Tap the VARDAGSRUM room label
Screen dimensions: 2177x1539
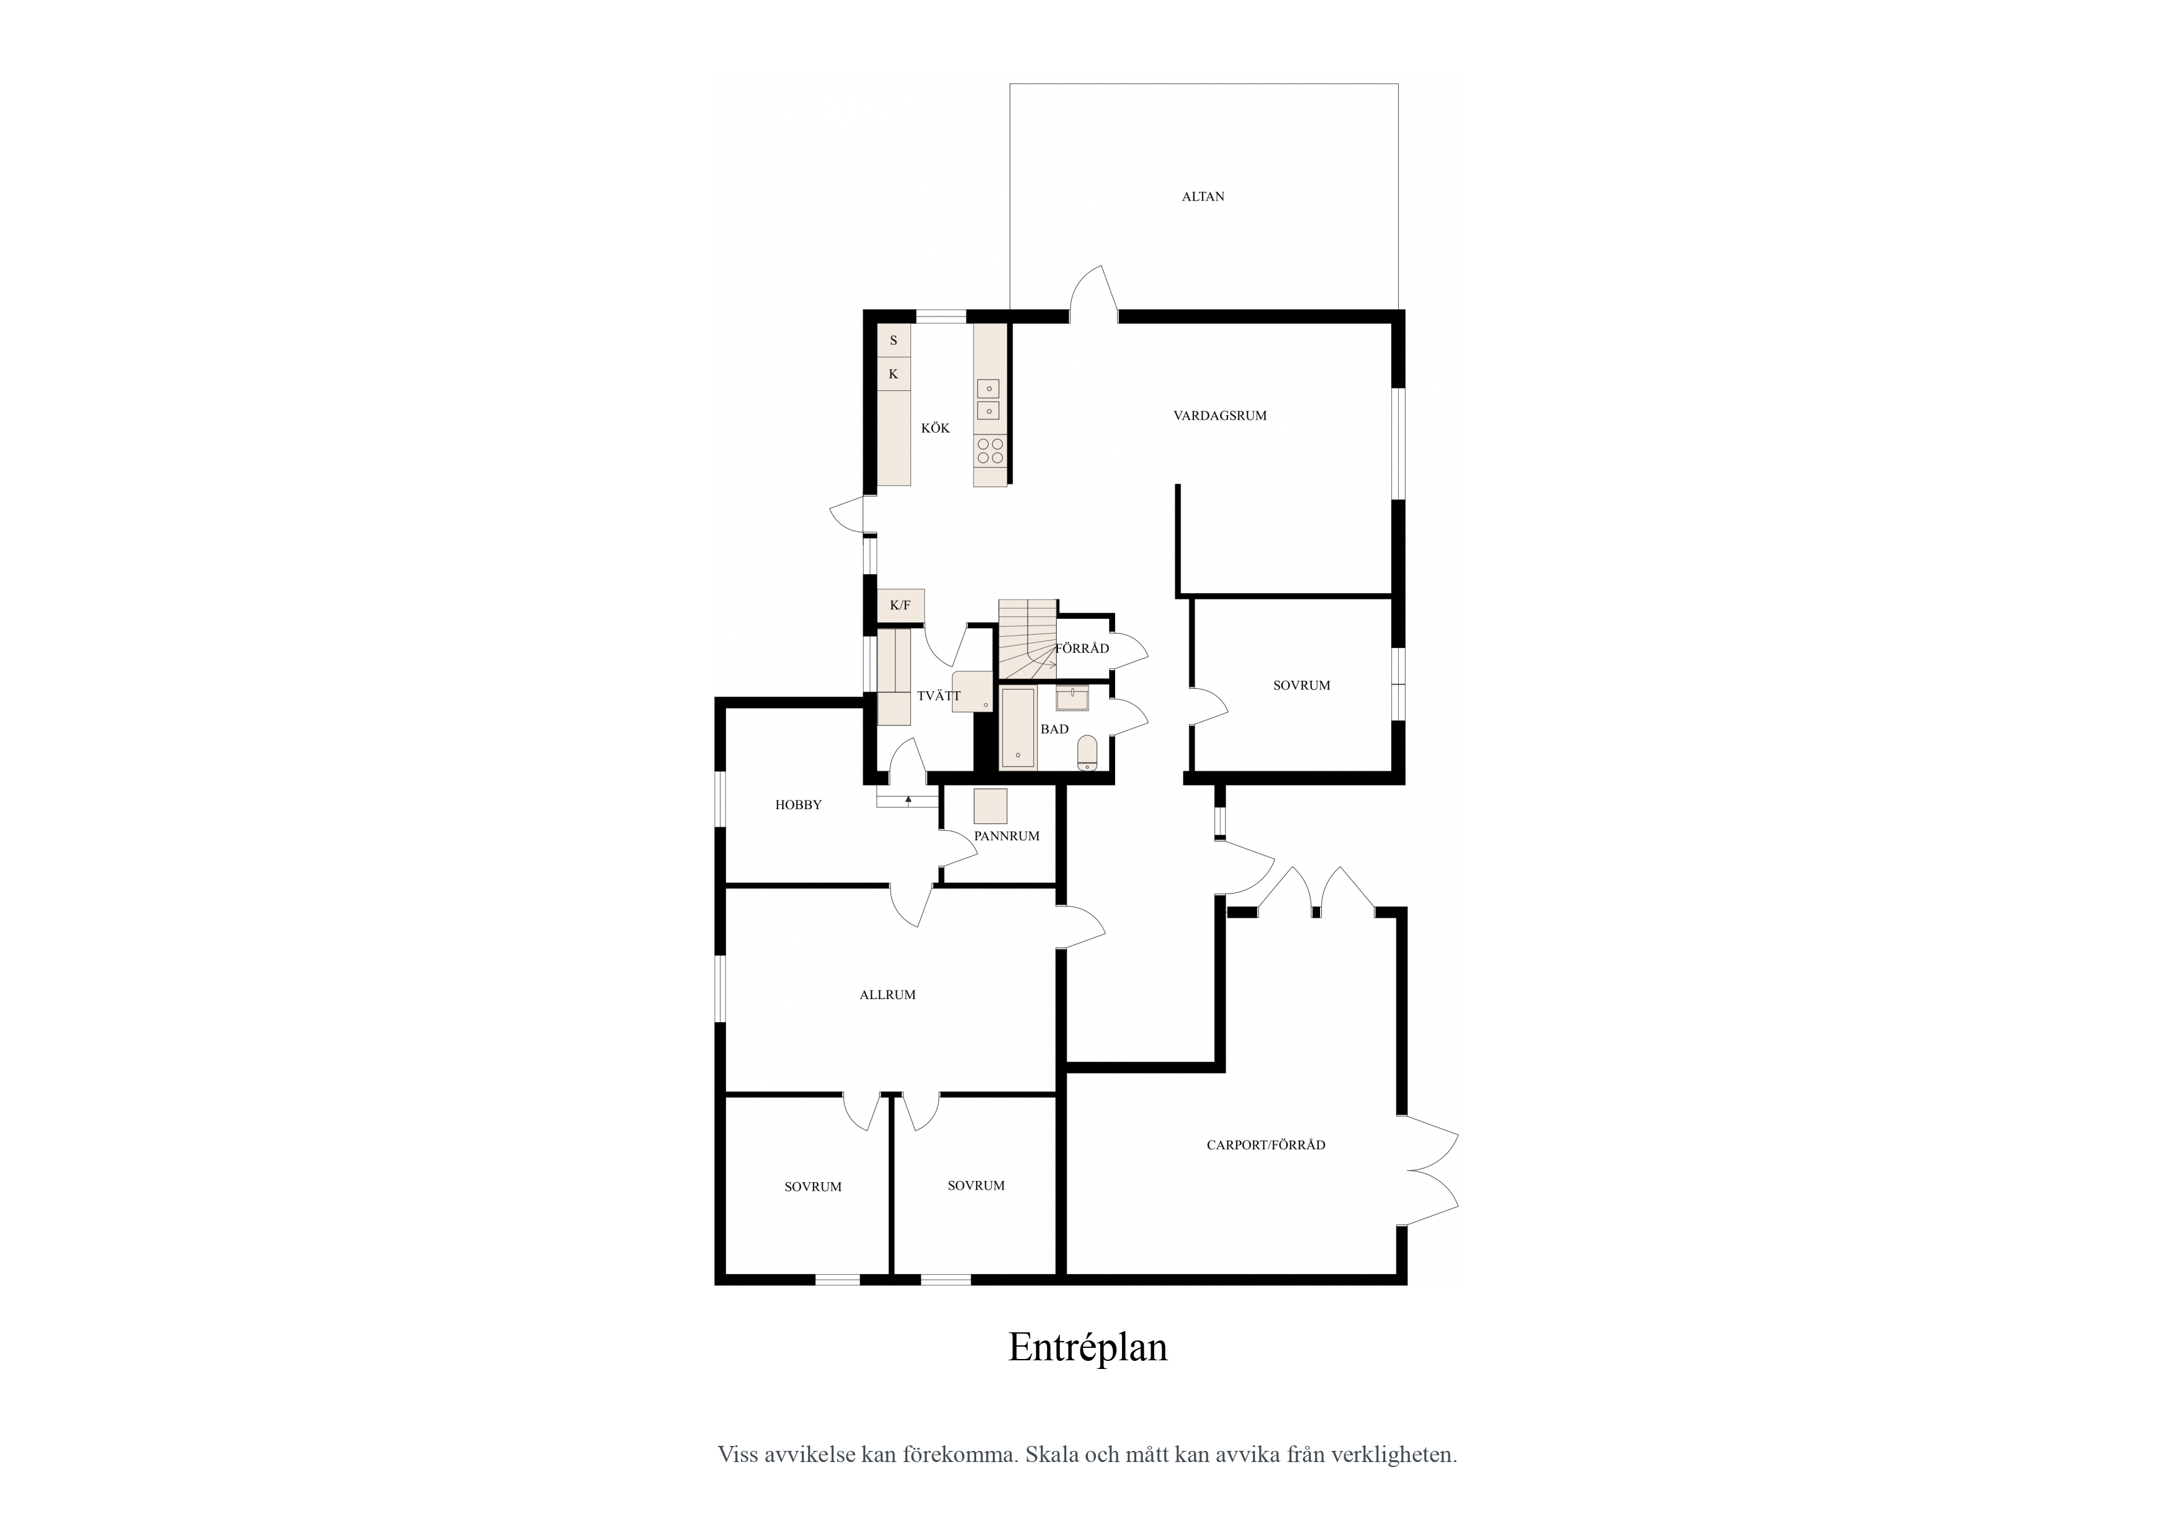tap(1219, 415)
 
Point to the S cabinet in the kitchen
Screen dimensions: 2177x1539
tap(893, 341)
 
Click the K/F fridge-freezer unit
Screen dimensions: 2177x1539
tap(900, 606)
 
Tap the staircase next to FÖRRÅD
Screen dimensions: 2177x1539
tap(1028, 639)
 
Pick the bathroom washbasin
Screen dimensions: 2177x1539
tap(1071, 699)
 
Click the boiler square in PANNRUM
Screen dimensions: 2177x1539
tap(991, 806)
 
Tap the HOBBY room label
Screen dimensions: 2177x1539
tap(798, 805)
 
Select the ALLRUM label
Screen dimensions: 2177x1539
tap(887, 995)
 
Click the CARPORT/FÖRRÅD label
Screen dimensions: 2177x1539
tap(1266, 1144)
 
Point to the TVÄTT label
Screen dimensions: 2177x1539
tap(939, 696)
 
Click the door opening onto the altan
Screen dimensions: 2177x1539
tap(1094, 293)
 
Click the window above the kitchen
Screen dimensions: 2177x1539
tap(941, 316)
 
